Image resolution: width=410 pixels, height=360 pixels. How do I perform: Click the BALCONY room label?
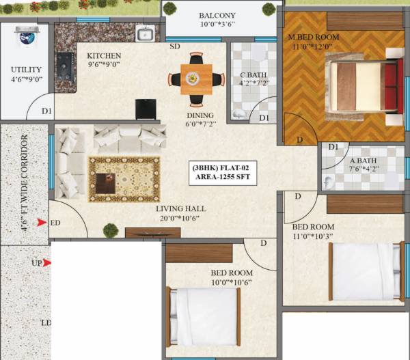(217, 15)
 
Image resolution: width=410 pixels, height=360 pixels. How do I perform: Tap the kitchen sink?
(145, 34)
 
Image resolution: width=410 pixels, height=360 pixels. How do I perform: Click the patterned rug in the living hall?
(124, 179)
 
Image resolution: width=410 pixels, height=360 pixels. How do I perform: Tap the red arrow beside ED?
(42, 223)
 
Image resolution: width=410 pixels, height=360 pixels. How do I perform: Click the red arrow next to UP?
(47, 262)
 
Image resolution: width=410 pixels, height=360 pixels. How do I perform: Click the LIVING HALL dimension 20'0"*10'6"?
(180, 219)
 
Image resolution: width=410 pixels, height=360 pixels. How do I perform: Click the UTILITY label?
(25, 70)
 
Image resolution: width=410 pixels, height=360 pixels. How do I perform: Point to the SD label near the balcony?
(175, 46)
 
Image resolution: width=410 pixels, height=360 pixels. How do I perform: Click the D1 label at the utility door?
(46, 111)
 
